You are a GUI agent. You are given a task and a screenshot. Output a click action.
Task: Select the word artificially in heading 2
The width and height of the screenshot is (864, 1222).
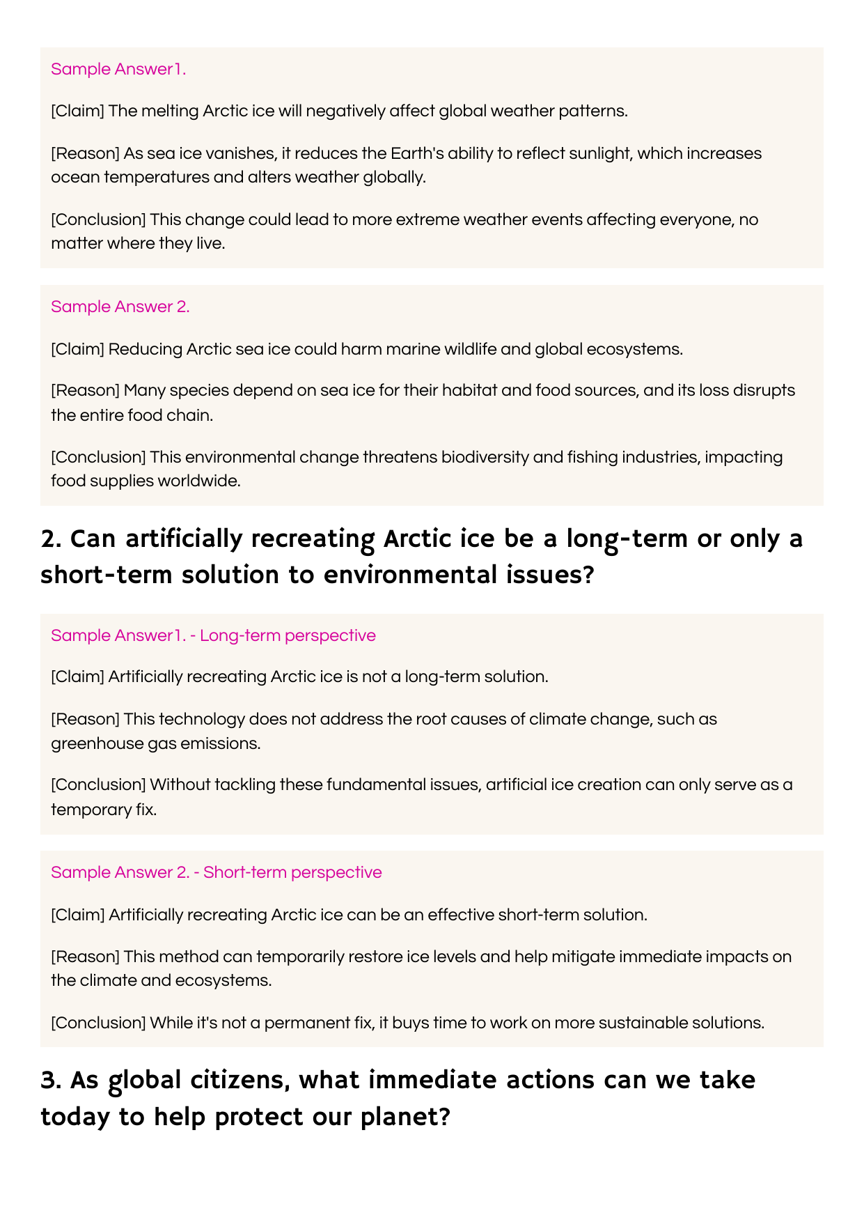[184, 539]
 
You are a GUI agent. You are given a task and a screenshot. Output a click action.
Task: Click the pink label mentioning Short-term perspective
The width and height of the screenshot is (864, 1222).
[216, 872]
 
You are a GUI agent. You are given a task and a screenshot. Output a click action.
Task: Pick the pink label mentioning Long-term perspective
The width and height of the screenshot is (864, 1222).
[213, 635]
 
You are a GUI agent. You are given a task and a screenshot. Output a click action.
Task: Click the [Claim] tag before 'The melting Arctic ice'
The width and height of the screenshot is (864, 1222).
[77, 111]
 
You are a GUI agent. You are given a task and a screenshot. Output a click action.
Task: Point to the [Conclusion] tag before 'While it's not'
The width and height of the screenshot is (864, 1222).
[98, 1023]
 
